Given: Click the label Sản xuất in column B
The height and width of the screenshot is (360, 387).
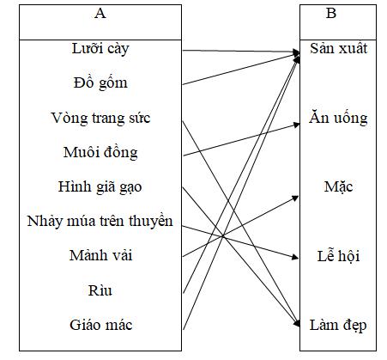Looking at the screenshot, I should click(339, 47).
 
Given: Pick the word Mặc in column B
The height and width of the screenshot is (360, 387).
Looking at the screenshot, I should click(339, 186).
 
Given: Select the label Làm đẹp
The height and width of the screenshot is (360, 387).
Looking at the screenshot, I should click(339, 325).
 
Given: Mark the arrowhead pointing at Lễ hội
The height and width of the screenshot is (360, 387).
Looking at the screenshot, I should click(294, 256).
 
